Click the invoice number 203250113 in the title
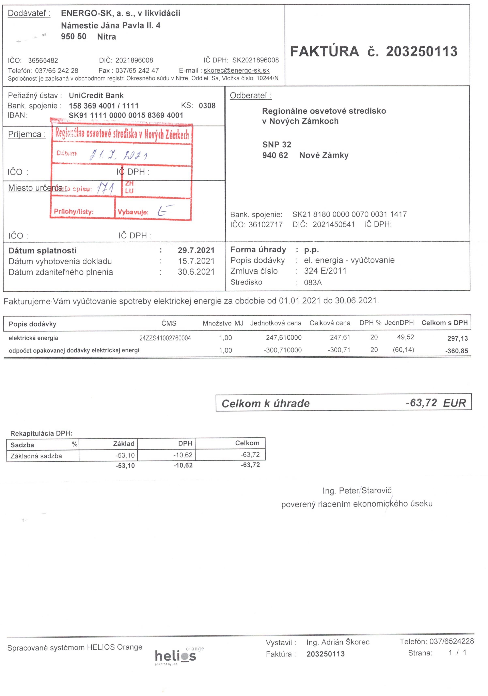[421, 51]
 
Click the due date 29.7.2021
[196, 250]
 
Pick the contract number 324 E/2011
[325, 271]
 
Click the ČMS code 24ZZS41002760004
[165, 338]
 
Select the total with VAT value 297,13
[457, 338]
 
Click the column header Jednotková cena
[276, 323]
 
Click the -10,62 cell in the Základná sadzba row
[183, 455]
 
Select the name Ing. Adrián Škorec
[338, 642]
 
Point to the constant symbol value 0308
[207, 106]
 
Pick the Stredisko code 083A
[313, 282]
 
